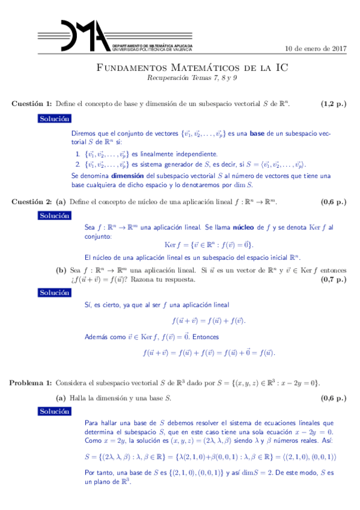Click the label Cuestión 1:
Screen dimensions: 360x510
[x=32, y=104]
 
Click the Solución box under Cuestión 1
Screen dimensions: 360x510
[x=55, y=118]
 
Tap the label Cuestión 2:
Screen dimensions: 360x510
[x=32, y=202]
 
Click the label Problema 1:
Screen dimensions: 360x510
[x=32, y=382]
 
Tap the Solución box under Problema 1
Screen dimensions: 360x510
[x=55, y=411]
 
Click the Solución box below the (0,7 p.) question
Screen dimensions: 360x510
[x=55, y=293]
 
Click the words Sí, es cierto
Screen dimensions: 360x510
[x=105, y=306]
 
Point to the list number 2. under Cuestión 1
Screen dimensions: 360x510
[x=78, y=164]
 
